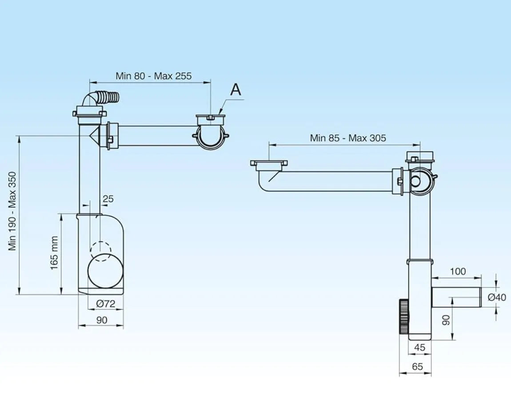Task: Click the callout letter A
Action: tap(236, 90)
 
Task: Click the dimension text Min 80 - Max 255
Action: tap(153, 76)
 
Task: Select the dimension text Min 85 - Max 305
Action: tap(348, 138)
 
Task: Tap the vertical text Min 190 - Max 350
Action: tap(12, 211)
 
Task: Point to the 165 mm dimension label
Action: tap(54, 253)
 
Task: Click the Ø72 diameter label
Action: tap(106, 304)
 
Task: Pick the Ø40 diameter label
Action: tap(497, 297)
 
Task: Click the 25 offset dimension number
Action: tap(108, 199)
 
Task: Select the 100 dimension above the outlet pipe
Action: tap(458, 272)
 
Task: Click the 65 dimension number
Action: tap(418, 367)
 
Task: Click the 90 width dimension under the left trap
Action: tap(102, 320)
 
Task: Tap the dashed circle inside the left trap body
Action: tap(101, 251)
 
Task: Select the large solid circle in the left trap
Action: tap(105, 271)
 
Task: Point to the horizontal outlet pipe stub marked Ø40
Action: tap(456, 297)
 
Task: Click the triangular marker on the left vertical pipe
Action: tap(95, 136)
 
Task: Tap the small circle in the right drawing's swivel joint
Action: tap(415, 181)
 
